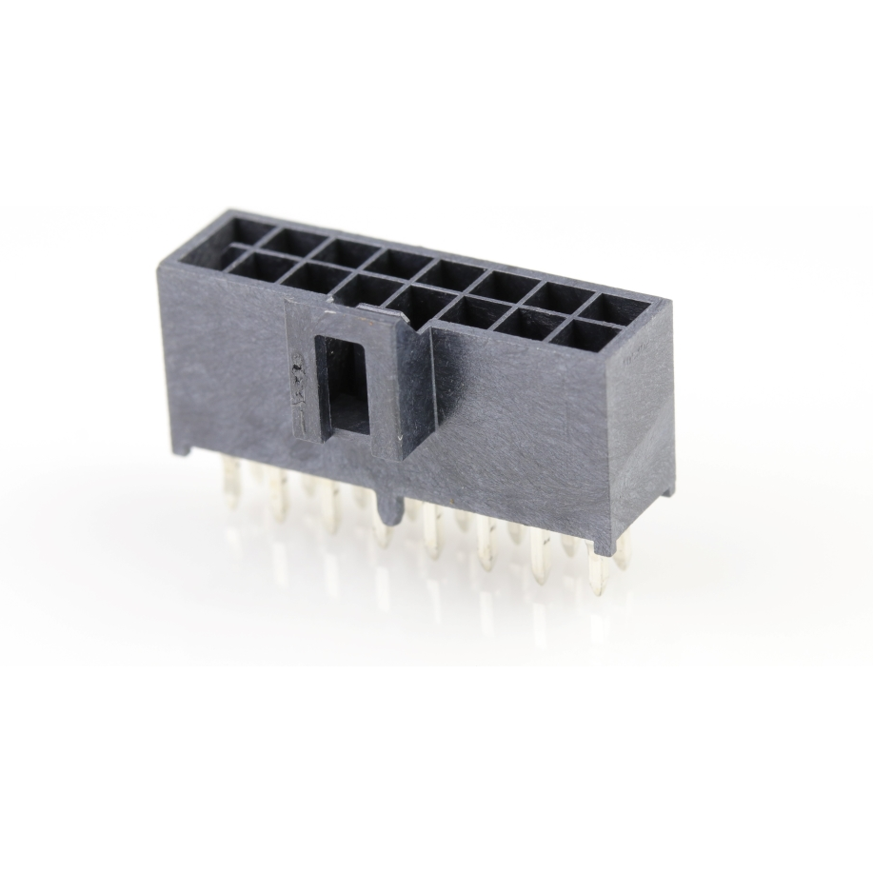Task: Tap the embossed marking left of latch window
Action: point(297,375)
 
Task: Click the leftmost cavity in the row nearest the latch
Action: point(255,265)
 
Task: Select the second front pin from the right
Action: point(541,557)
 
